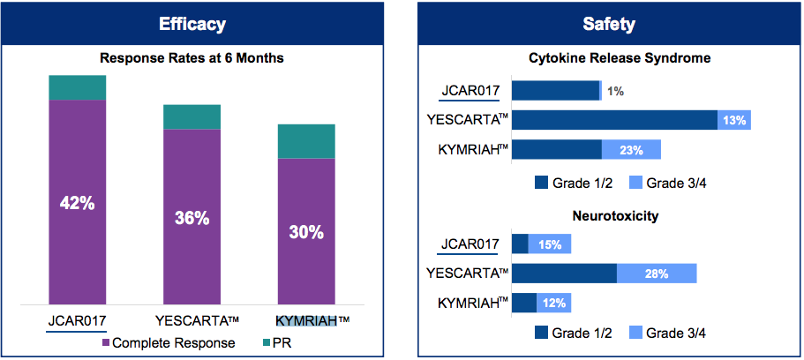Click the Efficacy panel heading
click(192, 24)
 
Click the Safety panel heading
click(607, 24)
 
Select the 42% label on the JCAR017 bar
click(77, 203)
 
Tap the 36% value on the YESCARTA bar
click(192, 217)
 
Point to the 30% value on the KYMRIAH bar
click(306, 232)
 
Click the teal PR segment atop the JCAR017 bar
click(77, 87)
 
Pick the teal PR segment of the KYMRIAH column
click(306, 141)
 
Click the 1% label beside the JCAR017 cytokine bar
click(615, 91)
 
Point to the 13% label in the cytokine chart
click(733, 120)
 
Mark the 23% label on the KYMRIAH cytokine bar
click(631, 150)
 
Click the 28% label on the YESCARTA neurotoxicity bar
click(656, 274)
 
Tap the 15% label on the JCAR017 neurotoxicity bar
click(549, 244)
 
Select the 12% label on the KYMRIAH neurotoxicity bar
click(553, 304)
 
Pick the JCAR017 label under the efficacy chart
click(77, 320)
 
